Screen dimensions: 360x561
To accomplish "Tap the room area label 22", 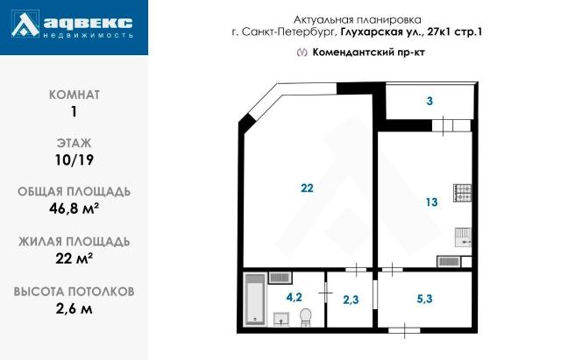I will pyautogui.click(x=307, y=188).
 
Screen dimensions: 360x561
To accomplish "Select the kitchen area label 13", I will pyautogui.click(x=431, y=202).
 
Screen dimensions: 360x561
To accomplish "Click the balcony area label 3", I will pyautogui.click(x=430, y=102).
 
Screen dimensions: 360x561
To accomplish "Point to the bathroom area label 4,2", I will pyautogui.click(x=295, y=297).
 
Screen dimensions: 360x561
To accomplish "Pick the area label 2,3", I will pyautogui.click(x=351, y=300).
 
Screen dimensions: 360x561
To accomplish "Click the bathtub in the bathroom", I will pyautogui.click(x=255, y=299).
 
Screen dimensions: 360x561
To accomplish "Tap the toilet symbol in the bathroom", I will pyautogui.click(x=306, y=316).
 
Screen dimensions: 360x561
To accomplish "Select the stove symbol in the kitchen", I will pyautogui.click(x=463, y=194).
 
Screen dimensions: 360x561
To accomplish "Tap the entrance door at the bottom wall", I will pyautogui.click(x=404, y=330).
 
